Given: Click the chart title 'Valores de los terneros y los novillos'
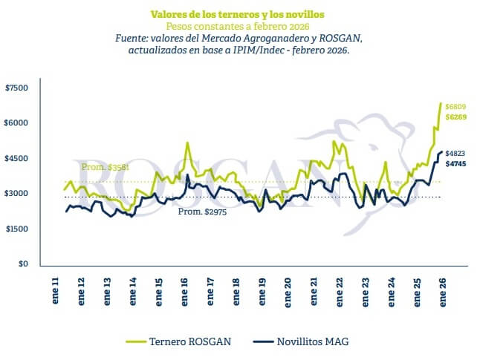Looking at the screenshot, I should click(x=231, y=14).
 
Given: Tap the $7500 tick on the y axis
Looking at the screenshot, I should click(x=16, y=88).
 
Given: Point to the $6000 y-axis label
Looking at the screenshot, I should click(x=16, y=123).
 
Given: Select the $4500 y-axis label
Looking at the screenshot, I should click(x=16, y=159).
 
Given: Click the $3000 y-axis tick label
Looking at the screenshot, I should click(x=16, y=194).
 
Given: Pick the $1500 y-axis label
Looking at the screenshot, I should click(x=16, y=229).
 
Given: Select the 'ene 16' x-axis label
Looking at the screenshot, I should click(x=184, y=292).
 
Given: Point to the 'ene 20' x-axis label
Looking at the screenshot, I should click(x=288, y=292).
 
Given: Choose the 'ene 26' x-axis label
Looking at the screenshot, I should click(x=442, y=292).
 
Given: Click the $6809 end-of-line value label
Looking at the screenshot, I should click(x=456, y=107).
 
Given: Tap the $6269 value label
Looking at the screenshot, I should click(x=456, y=117).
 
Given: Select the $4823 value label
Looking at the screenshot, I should click(x=455, y=151).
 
